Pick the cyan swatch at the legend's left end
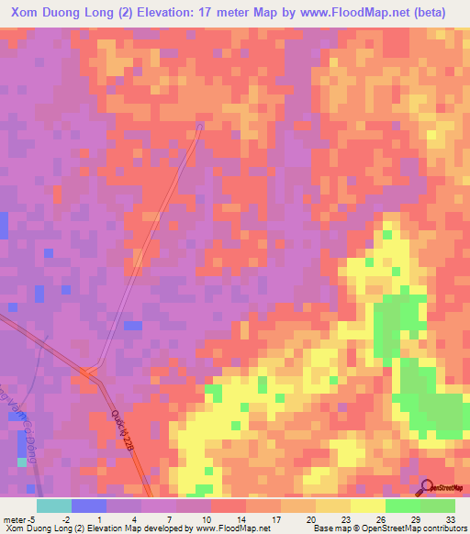click(53, 506)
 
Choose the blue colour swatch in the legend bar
click(89, 506)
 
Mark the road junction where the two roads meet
click(89, 373)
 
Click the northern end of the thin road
click(200, 123)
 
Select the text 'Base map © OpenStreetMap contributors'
click(387, 528)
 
